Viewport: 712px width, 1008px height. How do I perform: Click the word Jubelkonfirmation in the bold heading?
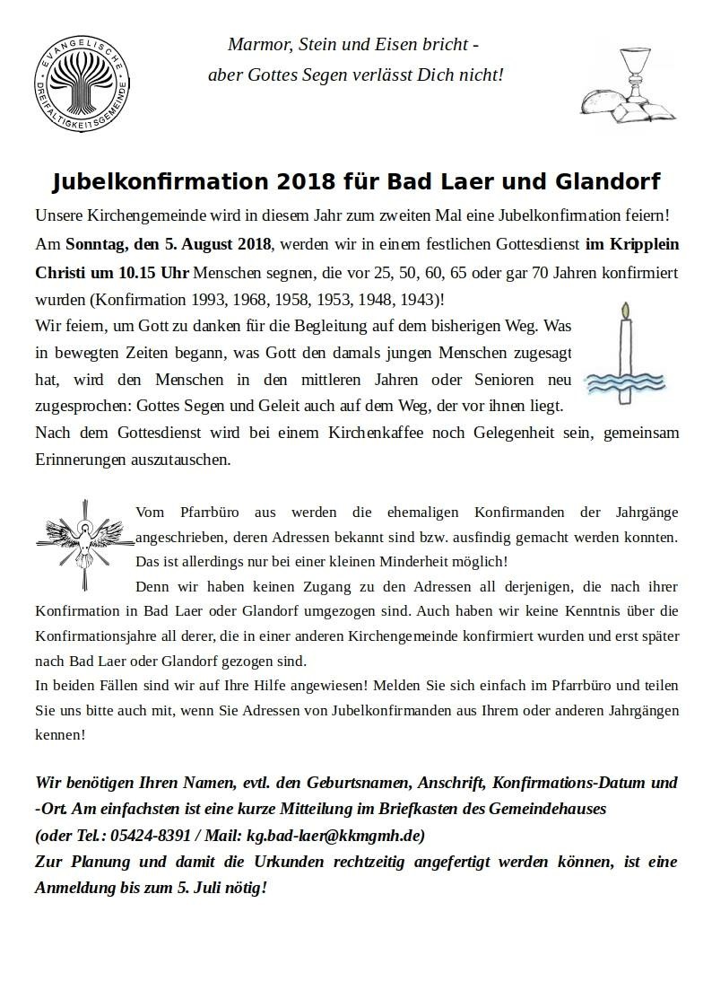pos(159,182)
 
